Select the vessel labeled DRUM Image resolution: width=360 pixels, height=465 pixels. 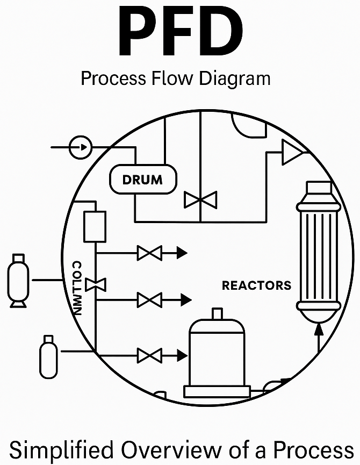(143, 180)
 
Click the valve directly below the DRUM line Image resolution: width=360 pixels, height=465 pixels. (200, 200)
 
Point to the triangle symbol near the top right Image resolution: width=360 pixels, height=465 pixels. (292, 152)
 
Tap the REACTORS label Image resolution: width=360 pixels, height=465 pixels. (256, 285)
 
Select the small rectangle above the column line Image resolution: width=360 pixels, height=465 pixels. (95, 226)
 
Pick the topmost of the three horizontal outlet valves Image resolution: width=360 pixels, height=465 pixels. (149, 253)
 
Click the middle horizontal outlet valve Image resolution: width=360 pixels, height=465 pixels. (149, 299)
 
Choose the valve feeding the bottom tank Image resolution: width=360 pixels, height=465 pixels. (149, 355)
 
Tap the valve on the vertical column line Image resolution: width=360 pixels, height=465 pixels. (95, 284)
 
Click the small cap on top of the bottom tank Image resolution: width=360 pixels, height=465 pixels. (217, 313)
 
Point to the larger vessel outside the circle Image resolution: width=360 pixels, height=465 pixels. (18, 281)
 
